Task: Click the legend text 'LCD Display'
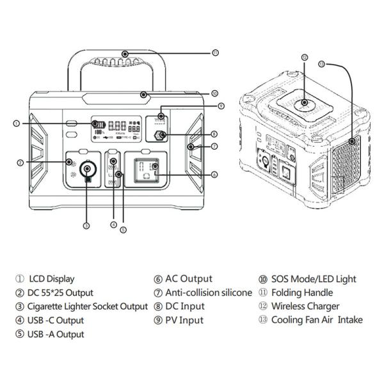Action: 51,278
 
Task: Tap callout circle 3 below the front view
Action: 86,225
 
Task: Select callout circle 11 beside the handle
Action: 214,52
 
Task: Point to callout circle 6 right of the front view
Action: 214,174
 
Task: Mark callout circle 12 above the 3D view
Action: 305,58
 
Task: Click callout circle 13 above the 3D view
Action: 322,63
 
